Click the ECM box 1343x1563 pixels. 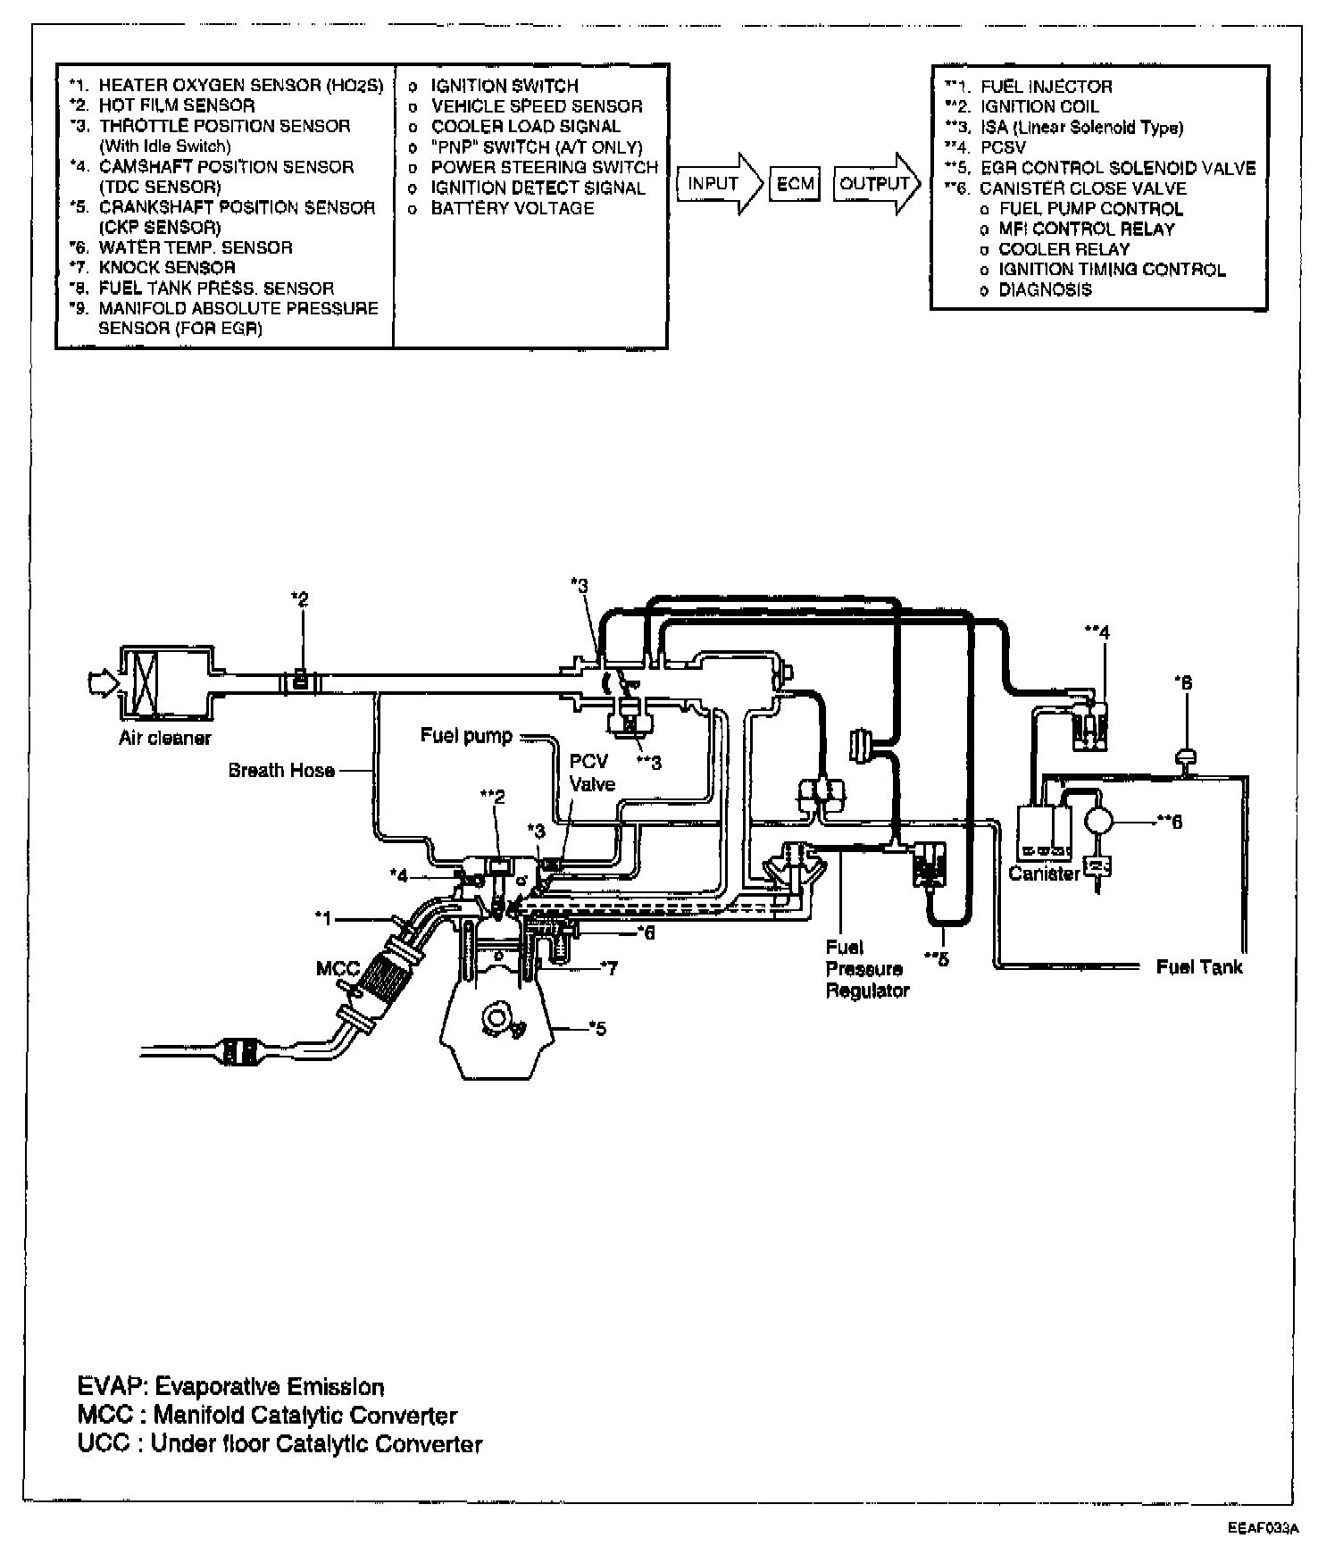pyautogui.click(x=794, y=184)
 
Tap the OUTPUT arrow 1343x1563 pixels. pyautogui.click(x=877, y=184)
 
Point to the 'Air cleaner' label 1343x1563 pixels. pyautogui.click(x=165, y=738)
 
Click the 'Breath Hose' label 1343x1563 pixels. pyautogui.click(x=281, y=770)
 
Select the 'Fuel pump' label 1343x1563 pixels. pyautogui.click(x=466, y=735)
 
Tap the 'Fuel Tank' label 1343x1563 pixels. pyautogui.click(x=1198, y=966)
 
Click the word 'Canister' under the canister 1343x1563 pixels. pyautogui.click(x=1044, y=873)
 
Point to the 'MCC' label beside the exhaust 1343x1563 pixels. pyautogui.click(x=338, y=969)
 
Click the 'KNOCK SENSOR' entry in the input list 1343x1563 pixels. pyautogui.click(x=167, y=267)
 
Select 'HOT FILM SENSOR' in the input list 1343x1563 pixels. pyautogui.click(x=176, y=105)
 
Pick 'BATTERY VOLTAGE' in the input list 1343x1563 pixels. pyautogui.click(x=512, y=208)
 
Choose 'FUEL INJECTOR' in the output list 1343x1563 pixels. pyautogui.click(x=1046, y=87)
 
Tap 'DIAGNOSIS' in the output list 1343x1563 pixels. pyautogui.click(x=1045, y=289)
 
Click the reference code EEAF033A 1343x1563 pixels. pyautogui.click(x=1263, y=1528)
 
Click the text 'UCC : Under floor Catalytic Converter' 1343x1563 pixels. pyautogui.click(x=280, y=1444)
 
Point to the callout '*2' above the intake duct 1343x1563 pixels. pyautogui.click(x=301, y=599)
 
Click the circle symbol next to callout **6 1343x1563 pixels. pyautogui.click(x=1098, y=820)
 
